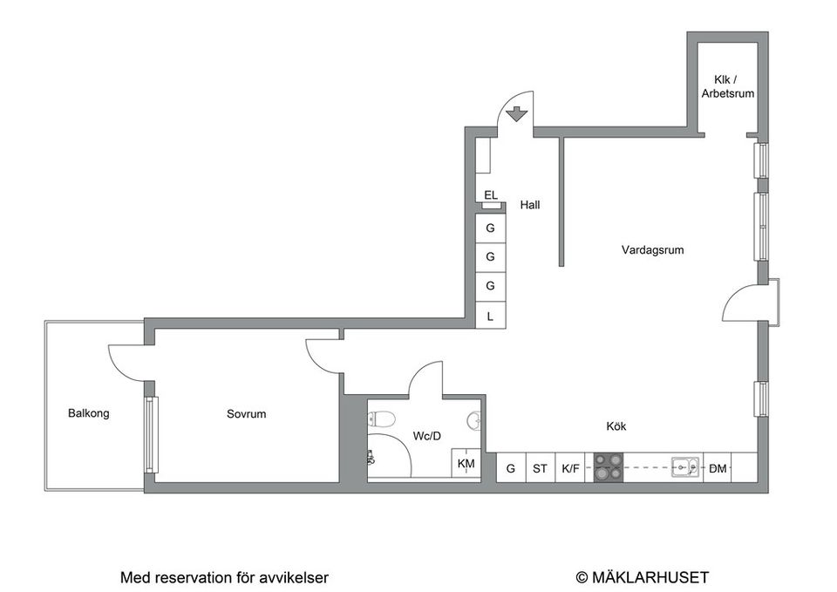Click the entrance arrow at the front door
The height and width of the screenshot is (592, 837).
(515, 113)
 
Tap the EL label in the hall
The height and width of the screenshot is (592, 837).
(491, 195)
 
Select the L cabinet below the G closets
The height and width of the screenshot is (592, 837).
(490, 316)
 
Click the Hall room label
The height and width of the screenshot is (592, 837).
(529, 206)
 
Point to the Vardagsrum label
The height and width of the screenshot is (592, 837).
(652, 250)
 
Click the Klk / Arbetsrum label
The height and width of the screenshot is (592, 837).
(727, 86)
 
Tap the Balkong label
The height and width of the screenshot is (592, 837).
(89, 413)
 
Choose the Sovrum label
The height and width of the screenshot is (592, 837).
(246, 414)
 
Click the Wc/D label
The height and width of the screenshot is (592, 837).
(428, 436)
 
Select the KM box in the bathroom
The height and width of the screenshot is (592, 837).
(466, 464)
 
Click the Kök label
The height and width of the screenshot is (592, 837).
(616, 426)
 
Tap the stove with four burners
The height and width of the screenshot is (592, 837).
(608, 468)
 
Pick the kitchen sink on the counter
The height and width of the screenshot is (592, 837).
(686, 468)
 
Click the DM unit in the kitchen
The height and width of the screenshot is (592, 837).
(718, 469)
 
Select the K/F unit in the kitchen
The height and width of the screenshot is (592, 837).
(571, 469)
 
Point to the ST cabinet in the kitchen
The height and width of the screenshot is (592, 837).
(541, 469)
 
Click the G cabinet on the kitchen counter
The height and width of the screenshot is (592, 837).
(511, 469)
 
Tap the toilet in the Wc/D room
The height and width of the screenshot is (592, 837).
(378, 418)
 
